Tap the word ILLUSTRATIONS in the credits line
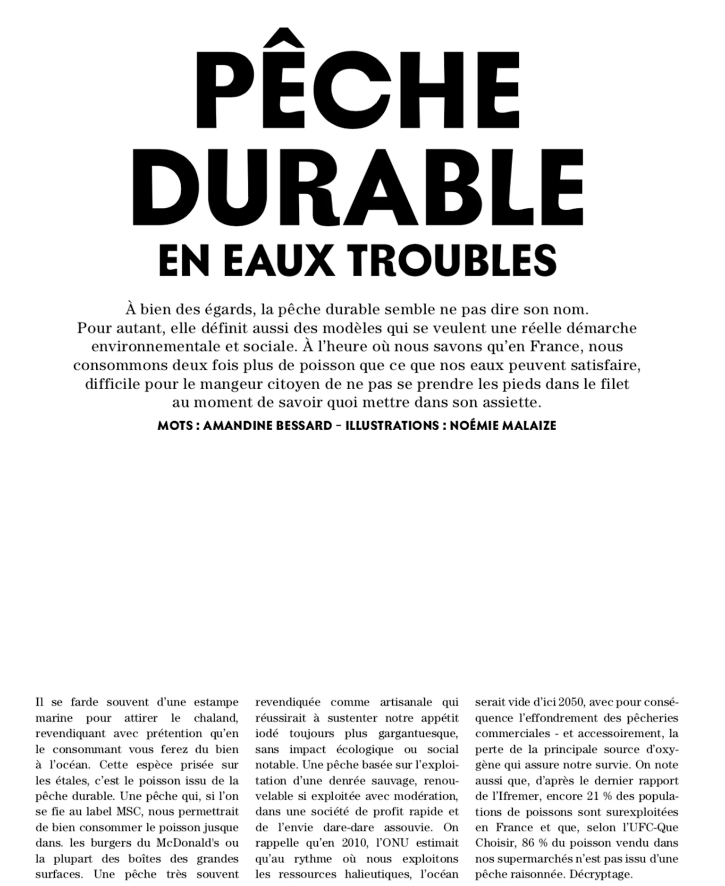tap(392, 426)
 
